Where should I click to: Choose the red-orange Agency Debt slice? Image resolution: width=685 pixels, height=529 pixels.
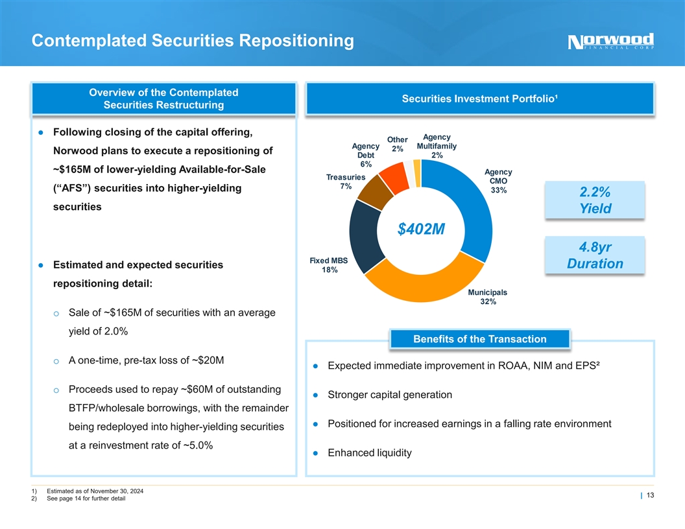point(394,175)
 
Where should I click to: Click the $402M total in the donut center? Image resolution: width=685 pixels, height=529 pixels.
point(416,229)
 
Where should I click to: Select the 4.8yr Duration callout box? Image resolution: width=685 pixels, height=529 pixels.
point(595,255)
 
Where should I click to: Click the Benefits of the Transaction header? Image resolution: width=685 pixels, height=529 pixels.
point(479,339)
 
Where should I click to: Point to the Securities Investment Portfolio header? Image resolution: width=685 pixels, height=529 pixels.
point(481,99)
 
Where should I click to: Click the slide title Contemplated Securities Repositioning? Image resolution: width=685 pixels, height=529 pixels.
point(193,41)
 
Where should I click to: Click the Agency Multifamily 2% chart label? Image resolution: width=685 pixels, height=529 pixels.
point(437,147)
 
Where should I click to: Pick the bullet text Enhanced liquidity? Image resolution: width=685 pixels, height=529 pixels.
point(369,453)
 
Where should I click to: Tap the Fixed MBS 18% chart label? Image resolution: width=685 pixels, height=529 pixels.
point(329,265)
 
